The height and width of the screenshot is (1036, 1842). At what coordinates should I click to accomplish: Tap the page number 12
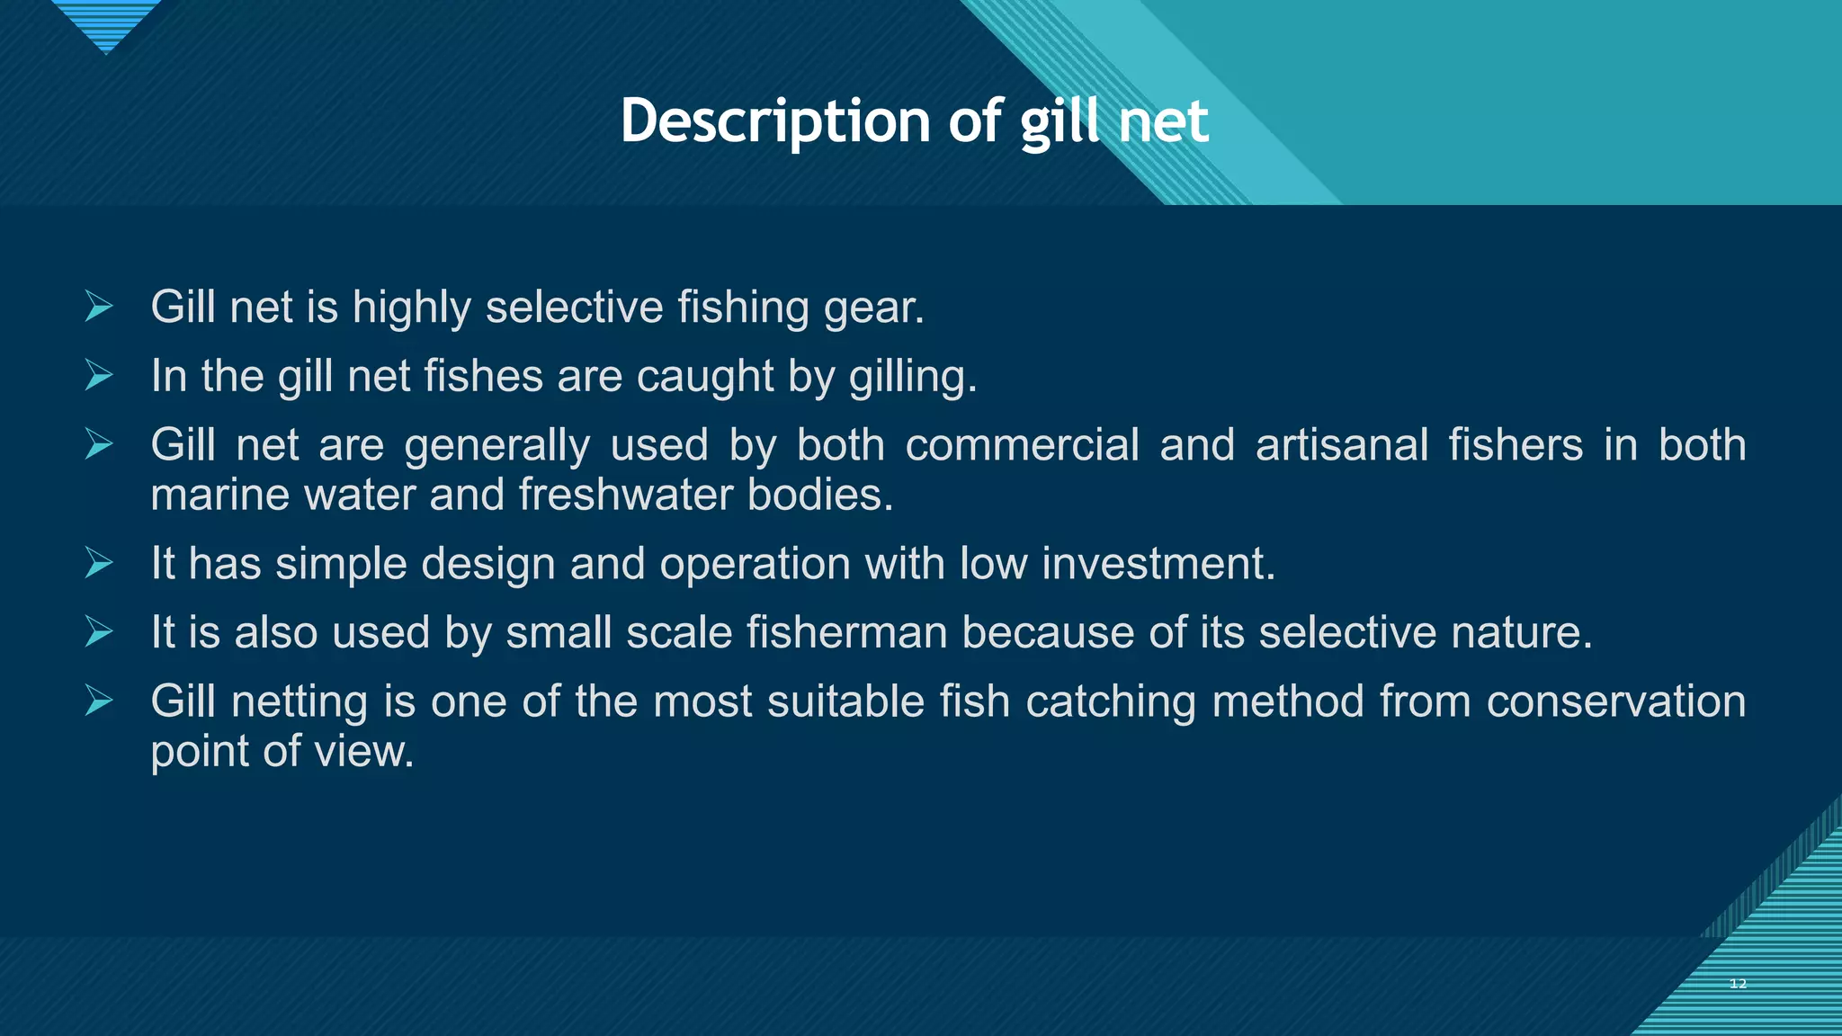pos(1738,984)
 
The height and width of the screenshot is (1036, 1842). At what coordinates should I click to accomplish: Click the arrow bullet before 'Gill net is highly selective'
pos(99,307)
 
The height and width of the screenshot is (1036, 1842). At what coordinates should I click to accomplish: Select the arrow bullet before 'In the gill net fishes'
pos(99,375)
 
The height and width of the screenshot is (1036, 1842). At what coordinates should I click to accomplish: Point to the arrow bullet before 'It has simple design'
pos(99,564)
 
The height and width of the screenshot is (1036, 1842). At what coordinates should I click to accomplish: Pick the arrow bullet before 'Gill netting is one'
pos(99,701)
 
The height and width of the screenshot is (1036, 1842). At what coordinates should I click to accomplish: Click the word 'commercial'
pos(1022,445)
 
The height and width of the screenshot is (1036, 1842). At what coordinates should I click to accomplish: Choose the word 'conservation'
pos(1615,701)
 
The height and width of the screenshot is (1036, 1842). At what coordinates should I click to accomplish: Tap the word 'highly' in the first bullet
pos(411,308)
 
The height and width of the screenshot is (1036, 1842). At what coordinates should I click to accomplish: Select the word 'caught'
pos(704,377)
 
